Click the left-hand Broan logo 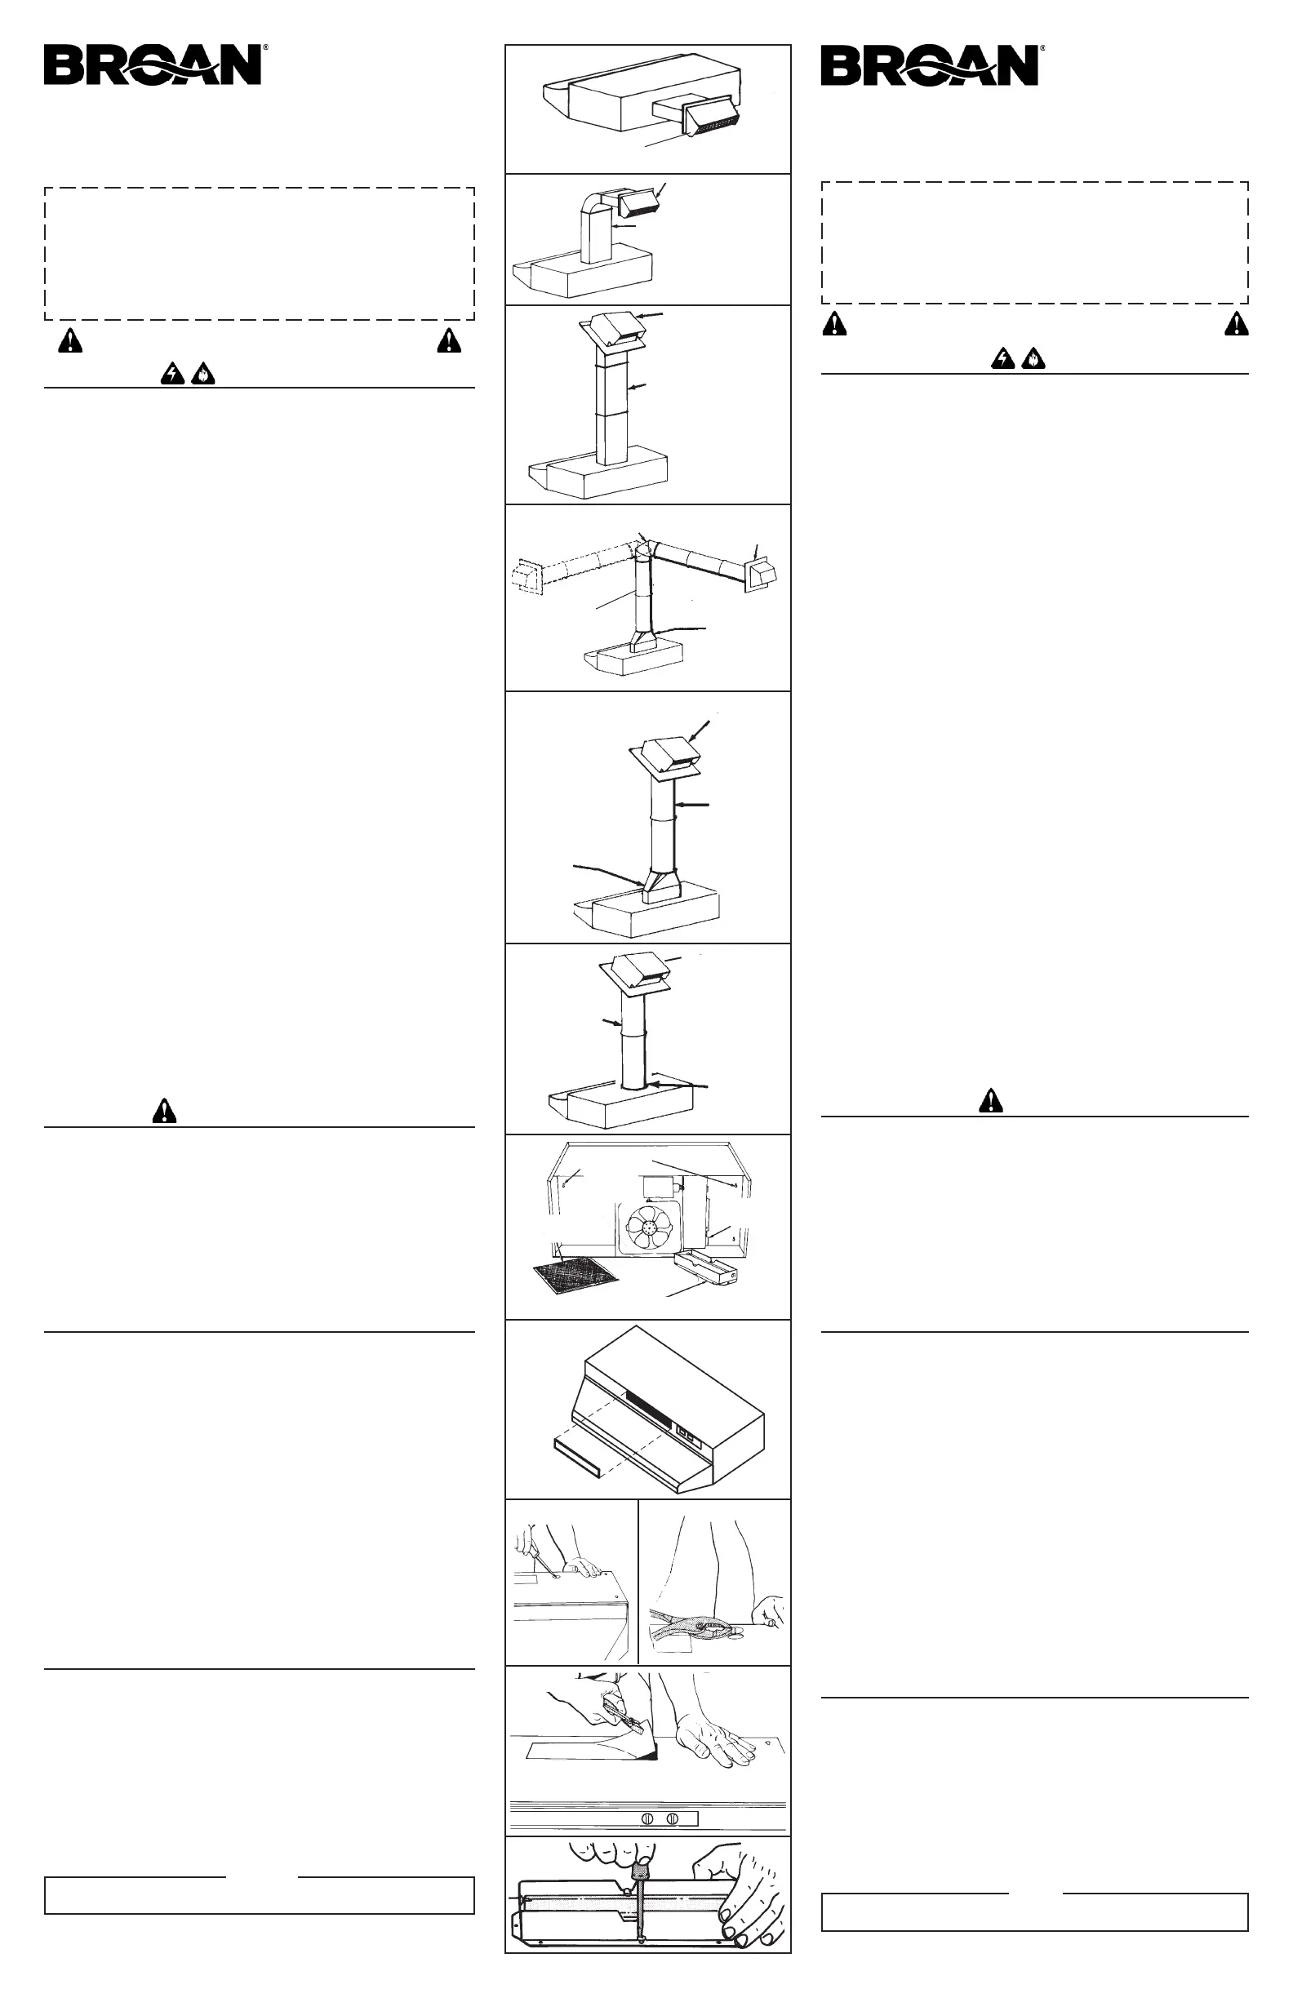pos(154,64)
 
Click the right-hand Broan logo pos(931,64)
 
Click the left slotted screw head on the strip pos(646,1818)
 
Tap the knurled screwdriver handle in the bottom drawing pos(641,1867)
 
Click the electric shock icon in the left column pos(172,374)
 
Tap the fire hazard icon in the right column pos(1033,359)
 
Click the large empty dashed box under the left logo pos(260,254)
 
